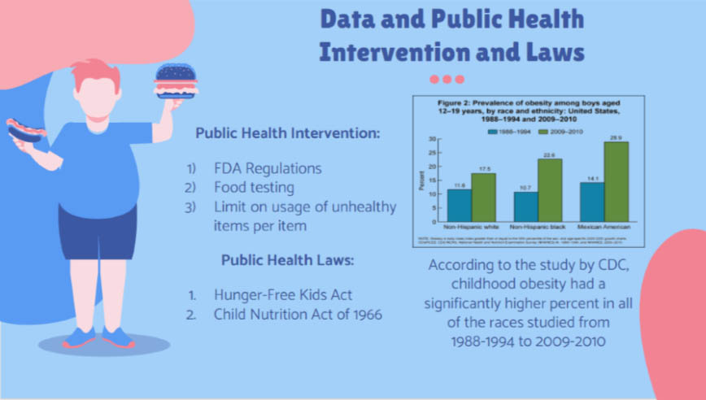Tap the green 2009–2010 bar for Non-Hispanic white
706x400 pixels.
pyautogui.click(x=483, y=197)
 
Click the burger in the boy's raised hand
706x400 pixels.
pyautogui.click(x=174, y=78)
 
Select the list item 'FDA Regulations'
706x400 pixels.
pyautogui.click(x=268, y=168)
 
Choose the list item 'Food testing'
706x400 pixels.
pyautogui.click(x=255, y=188)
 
